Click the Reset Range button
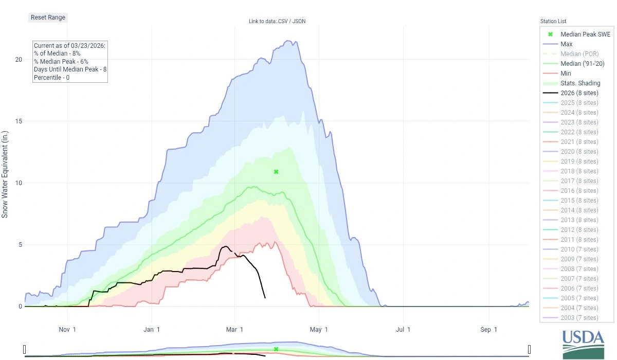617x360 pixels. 48,17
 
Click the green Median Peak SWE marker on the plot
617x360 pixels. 276,172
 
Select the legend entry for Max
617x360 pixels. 566,44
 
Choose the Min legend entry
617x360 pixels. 566,74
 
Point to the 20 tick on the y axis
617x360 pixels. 19,60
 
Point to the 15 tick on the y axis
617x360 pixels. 19,121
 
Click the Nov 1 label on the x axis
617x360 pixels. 67,330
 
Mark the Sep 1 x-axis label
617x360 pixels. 489,330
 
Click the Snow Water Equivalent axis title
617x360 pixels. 5,173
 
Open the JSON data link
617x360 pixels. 300,21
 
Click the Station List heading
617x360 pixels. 553,21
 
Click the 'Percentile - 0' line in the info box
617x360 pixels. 52,78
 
